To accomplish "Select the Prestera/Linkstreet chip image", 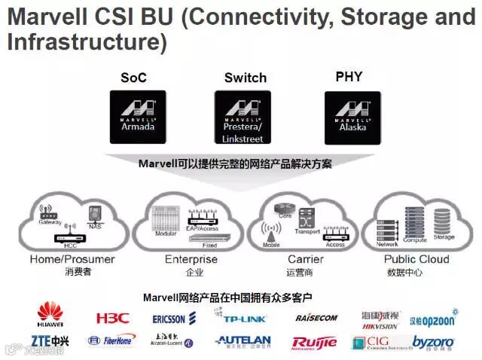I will pos(243,117).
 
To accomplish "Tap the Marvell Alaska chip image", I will pos(352,117).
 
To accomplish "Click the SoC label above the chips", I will pos(133,78).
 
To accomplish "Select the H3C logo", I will pos(113,318).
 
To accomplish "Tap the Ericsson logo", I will pos(174,319).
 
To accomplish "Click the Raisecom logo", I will pos(316,318).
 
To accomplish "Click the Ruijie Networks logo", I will pos(314,343).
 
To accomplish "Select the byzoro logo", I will pos(433,343).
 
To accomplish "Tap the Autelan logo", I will pos(243,341).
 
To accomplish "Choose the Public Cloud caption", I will pos(417,259).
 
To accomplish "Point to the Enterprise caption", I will pos(191,259).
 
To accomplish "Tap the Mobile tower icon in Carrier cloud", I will pos(270,230).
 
